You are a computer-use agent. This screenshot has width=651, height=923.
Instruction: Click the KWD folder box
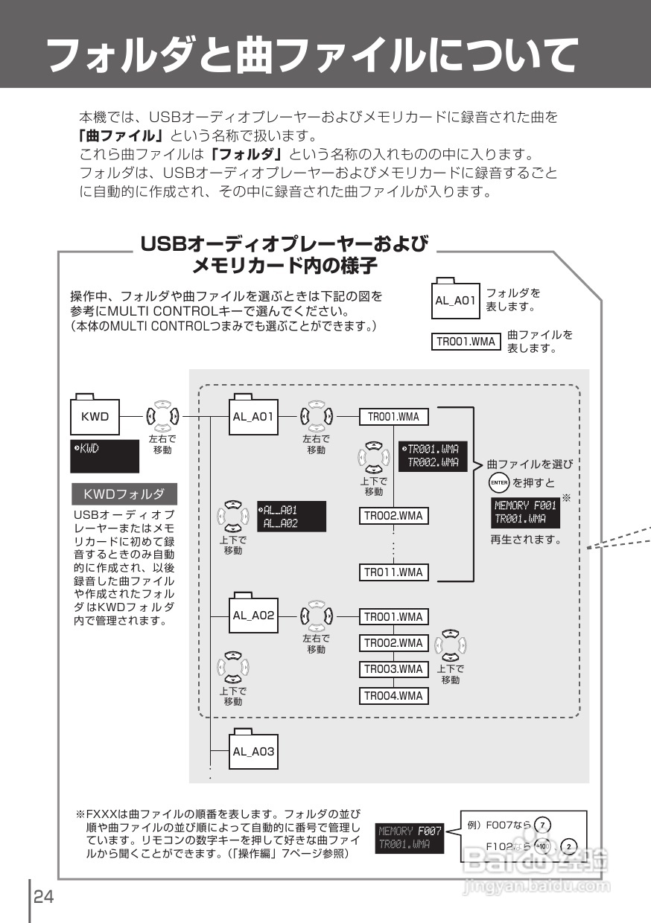point(95,416)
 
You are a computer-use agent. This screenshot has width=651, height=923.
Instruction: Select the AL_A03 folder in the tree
point(253,751)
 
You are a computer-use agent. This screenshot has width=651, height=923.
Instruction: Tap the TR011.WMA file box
point(393,572)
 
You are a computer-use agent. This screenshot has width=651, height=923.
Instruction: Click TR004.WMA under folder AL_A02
point(393,696)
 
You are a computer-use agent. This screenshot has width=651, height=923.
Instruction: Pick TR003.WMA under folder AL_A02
point(393,669)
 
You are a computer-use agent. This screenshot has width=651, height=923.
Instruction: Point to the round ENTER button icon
point(498,483)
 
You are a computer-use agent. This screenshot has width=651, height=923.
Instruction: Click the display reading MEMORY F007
point(410,837)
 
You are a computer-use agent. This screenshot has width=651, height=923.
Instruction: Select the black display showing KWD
point(105,456)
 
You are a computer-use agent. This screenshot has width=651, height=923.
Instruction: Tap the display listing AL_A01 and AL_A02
point(291,517)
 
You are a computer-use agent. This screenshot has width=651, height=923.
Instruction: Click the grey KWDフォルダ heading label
point(124,494)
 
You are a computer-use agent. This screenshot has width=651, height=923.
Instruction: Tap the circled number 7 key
point(544,825)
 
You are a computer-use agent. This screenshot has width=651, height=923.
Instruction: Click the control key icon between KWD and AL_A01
point(162,416)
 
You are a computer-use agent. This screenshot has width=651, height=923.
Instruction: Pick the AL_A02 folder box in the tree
point(253,616)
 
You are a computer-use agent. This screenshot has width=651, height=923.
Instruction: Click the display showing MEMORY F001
point(525,513)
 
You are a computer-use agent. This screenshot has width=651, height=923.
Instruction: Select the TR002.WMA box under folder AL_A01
point(393,515)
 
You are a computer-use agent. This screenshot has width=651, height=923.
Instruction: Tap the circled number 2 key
point(569,846)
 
